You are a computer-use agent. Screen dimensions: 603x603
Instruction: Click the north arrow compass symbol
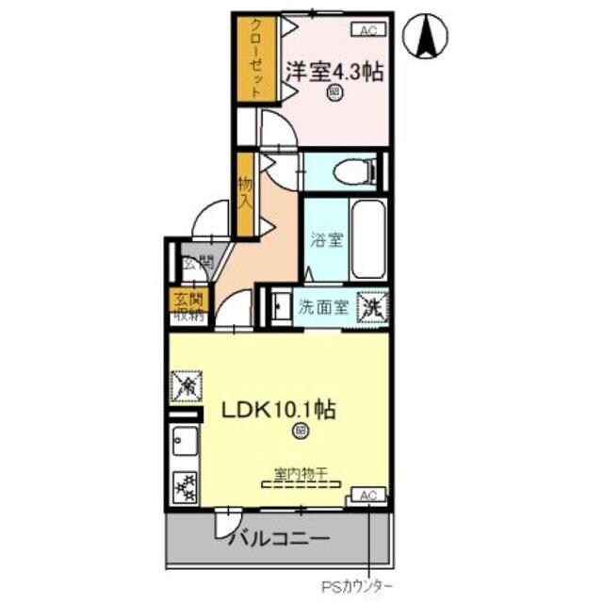pyautogui.click(x=424, y=35)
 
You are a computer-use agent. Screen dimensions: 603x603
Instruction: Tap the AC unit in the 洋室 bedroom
pyautogui.click(x=368, y=29)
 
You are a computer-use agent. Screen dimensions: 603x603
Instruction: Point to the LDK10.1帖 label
pyautogui.click(x=280, y=411)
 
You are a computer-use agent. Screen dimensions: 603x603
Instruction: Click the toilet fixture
pyautogui.click(x=353, y=171)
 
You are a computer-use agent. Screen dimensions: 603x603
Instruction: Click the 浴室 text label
pyautogui.click(x=326, y=239)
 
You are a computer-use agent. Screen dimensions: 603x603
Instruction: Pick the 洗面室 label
pyautogui.click(x=324, y=306)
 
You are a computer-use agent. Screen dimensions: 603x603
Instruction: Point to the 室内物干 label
pyautogui.click(x=301, y=476)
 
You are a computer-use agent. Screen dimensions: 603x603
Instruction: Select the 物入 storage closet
pyautogui.click(x=245, y=193)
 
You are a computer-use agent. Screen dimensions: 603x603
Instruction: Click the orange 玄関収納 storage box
pyautogui.click(x=185, y=307)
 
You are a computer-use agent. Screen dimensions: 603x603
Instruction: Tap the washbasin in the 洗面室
pyautogui.click(x=279, y=306)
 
